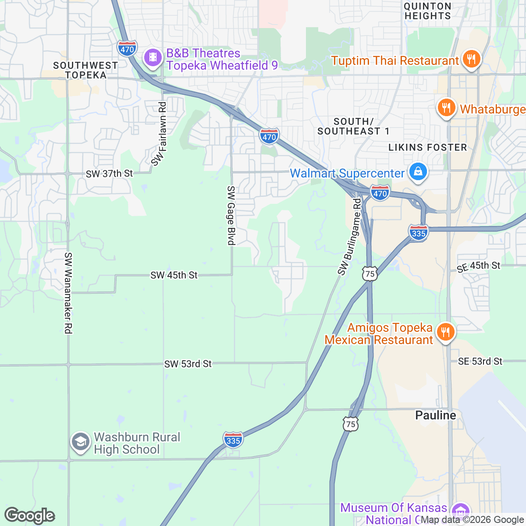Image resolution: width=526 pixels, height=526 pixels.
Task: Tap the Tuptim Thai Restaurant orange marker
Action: click(471, 59)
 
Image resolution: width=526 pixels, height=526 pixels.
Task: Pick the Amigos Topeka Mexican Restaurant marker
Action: click(445, 332)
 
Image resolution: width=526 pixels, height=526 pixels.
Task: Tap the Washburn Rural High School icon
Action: click(80, 442)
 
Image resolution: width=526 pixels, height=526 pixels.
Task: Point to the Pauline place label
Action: click(435, 415)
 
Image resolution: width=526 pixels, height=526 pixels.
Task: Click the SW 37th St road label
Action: click(109, 174)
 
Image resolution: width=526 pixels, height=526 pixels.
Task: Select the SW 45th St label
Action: click(174, 275)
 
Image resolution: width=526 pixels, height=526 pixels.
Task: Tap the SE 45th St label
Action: click(478, 266)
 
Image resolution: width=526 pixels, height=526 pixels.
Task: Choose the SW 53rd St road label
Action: click(188, 364)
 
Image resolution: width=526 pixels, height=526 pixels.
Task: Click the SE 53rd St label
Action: click(480, 361)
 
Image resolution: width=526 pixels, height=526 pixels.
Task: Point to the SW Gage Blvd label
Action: click(231, 215)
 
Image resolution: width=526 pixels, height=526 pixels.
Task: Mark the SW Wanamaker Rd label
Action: click(68, 293)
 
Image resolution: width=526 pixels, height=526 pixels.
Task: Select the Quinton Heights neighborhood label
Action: click(427, 11)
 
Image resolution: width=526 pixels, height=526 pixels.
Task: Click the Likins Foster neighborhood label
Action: click(427, 147)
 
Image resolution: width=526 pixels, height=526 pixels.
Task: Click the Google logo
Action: click(29, 515)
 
